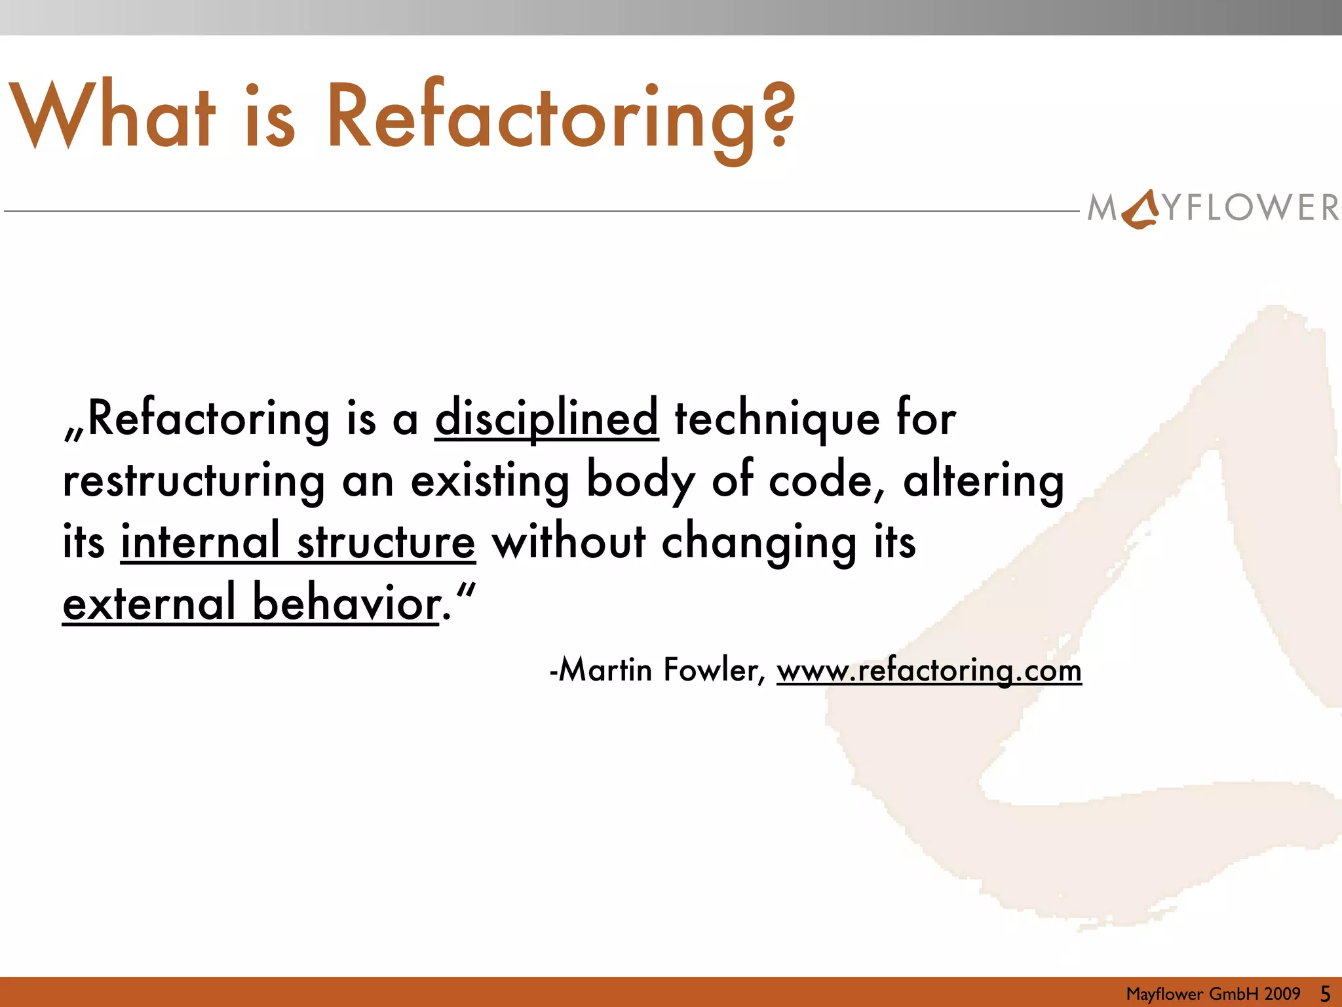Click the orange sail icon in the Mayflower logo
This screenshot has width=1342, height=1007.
(x=1141, y=208)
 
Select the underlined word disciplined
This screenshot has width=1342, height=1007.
(x=546, y=418)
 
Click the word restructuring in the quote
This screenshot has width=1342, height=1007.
(x=194, y=481)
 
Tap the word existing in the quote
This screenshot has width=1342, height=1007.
(x=490, y=481)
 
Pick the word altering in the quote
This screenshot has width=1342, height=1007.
(x=984, y=481)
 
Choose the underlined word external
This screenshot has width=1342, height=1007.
(x=149, y=602)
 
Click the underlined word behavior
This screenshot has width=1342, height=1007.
(x=346, y=602)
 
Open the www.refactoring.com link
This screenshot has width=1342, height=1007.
(x=929, y=670)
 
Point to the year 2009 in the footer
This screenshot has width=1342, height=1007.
(x=1282, y=994)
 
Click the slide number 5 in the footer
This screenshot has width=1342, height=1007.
(x=1325, y=994)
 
